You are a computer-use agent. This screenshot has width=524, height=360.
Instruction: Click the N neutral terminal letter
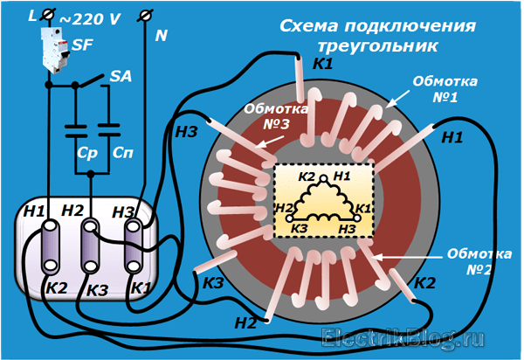coord(161,36)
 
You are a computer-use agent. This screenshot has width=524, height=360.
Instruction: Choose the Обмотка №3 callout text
coord(274,117)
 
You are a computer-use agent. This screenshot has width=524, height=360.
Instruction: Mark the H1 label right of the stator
coord(452,137)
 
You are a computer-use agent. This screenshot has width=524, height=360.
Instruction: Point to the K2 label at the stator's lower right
coord(425,282)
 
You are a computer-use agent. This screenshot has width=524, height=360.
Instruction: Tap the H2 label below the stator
coord(246,322)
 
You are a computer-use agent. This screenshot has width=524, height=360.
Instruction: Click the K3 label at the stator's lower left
coord(213,282)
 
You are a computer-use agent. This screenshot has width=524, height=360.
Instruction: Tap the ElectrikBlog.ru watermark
coord(407,337)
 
